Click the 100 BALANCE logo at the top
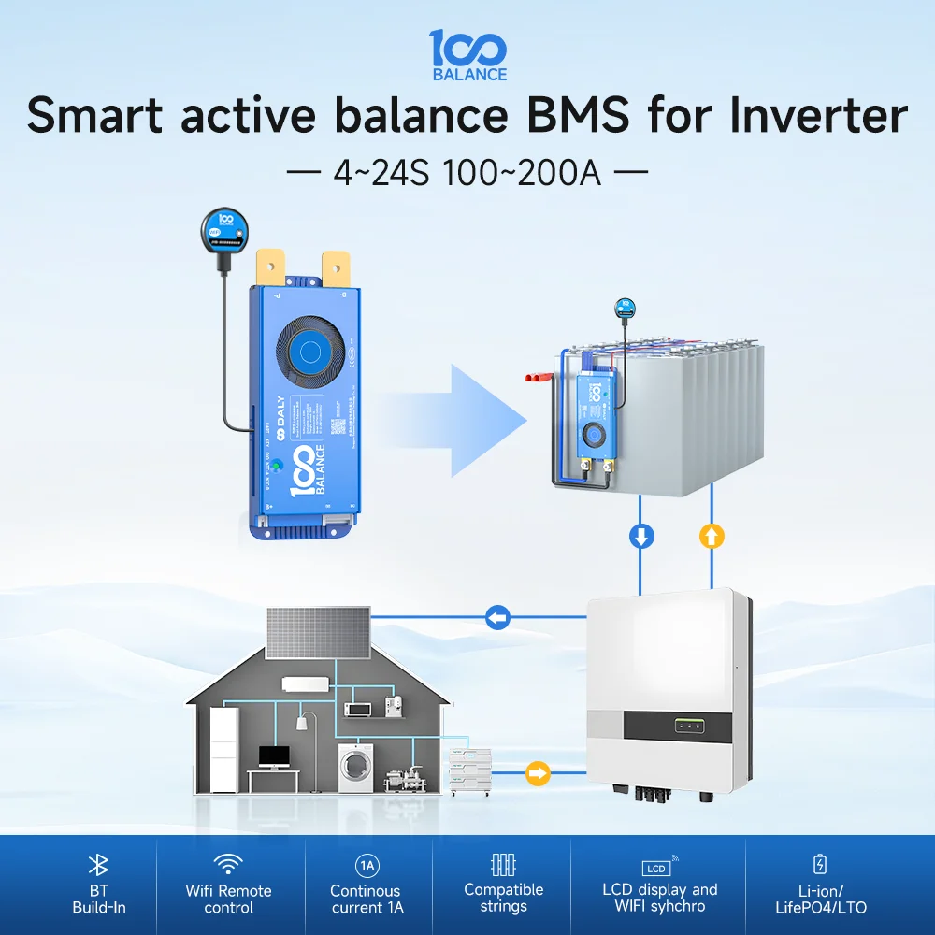pyautogui.click(x=467, y=54)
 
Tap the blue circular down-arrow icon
pyautogui.click(x=641, y=537)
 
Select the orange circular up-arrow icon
pyautogui.click(x=712, y=537)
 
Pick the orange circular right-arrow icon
pyautogui.click(x=539, y=773)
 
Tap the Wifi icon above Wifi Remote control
pyautogui.click(x=228, y=863)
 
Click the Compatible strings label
pyautogui.click(x=503, y=898)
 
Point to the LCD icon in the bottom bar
pyautogui.click(x=658, y=867)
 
